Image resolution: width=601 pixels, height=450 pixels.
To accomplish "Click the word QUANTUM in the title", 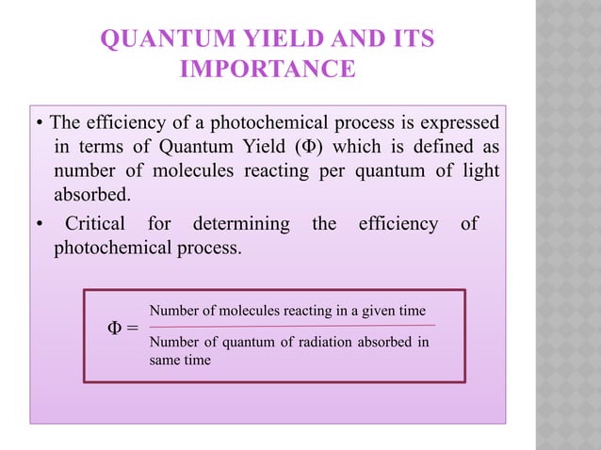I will click(x=154, y=40).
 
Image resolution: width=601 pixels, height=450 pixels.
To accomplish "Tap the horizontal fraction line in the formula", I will click(x=291, y=325).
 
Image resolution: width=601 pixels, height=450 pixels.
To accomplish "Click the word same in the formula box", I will click(x=166, y=360).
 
